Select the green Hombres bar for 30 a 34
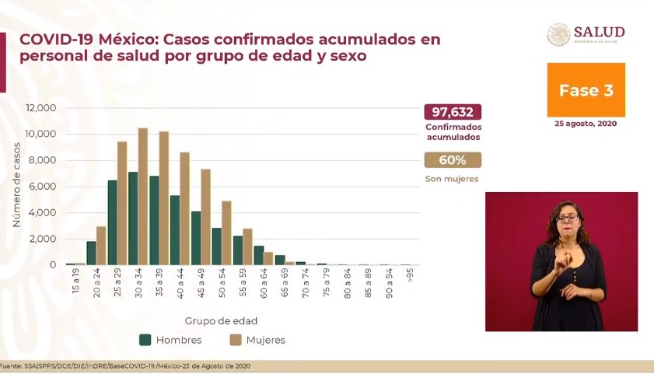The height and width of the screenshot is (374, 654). click(133, 218)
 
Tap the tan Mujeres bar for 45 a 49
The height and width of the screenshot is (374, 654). click(206, 217)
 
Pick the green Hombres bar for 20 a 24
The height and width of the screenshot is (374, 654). click(91, 253)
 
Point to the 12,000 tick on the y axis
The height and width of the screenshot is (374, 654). click(40, 108)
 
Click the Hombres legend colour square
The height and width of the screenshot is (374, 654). click(145, 340)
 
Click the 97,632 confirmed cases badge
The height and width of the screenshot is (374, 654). click(453, 112)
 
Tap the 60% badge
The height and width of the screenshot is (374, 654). click(453, 160)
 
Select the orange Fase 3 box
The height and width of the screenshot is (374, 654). click(586, 90)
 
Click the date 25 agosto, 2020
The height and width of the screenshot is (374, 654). click(586, 123)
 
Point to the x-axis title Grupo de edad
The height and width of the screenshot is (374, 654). click(221, 320)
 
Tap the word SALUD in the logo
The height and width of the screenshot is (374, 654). click(599, 32)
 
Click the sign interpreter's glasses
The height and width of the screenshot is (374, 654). click(567, 217)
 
